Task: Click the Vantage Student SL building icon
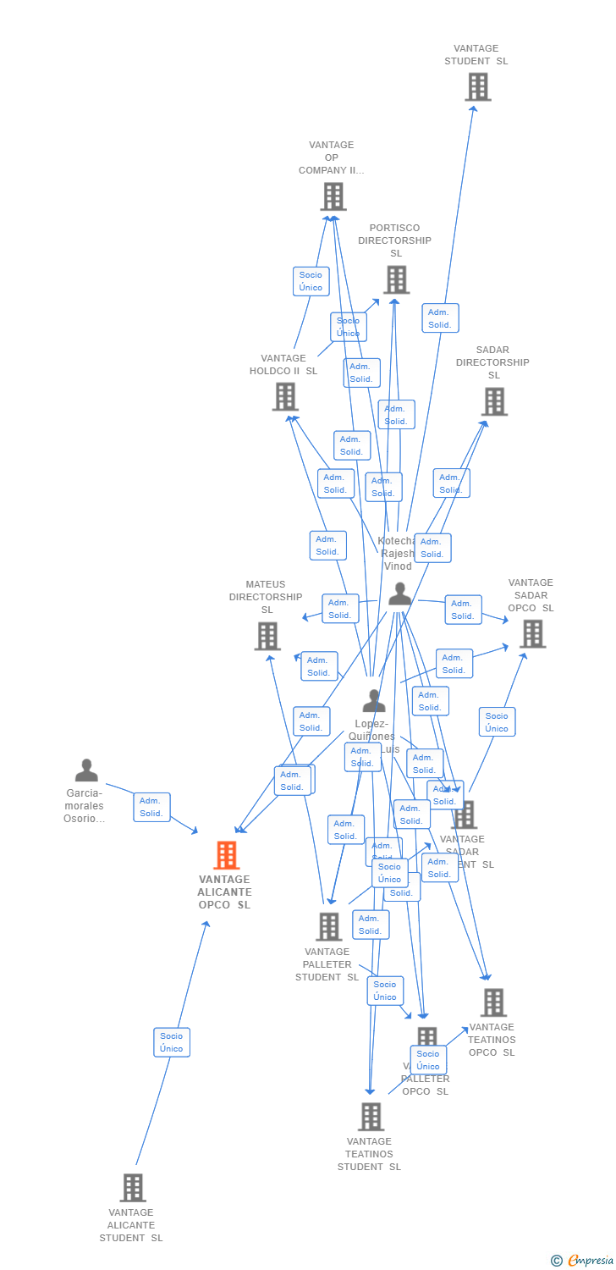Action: pyautogui.click(x=478, y=86)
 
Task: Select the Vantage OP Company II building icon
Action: pyautogui.click(x=333, y=196)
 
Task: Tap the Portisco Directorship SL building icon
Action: pyautogui.click(x=396, y=279)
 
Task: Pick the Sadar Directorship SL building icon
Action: pyautogui.click(x=494, y=401)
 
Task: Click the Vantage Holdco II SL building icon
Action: pyautogui.click(x=285, y=396)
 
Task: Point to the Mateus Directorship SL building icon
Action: pyautogui.click(x=267, y=636)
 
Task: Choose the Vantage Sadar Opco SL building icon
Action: pyautogui.click(x=532, y=633)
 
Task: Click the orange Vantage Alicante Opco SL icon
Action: pyautogui.click(x=226, y=855)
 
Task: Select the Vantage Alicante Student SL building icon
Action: pyautogui.click(x=133, y=1188)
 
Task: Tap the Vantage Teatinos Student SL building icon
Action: pyautogui.click(x=371, y=1117)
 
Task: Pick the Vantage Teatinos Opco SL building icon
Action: pyautogui.click(x=493, y=1002)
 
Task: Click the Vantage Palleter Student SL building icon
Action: pyautogui.click(x=329, y=926)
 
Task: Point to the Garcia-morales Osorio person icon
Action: pyautogui.click(x=86, y=770)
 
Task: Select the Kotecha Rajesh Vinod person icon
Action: pyautogui.click(x=399, y=594)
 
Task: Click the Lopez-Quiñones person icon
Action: pyautogui.click(x=374, y=701)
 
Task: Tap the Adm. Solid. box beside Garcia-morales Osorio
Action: pyautogui.click(x=151, y=807)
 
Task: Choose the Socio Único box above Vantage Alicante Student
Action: pyautogui.click(x=172, y=1042)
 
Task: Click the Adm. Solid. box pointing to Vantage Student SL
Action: pyautogui.click(x=440, y=318)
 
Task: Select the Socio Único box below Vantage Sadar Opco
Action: pyautogui.click(x=497, y=722)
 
